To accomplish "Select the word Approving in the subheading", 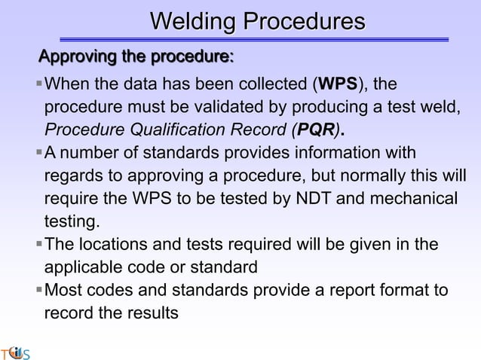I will pyautogui.click(x=78, y=56).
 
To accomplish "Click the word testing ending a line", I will pyautogui.click(x=72, y=222).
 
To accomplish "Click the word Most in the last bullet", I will pyautogui.click(x=64, y=290).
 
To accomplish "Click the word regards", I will pyautogui.click(x=75, y=177).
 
